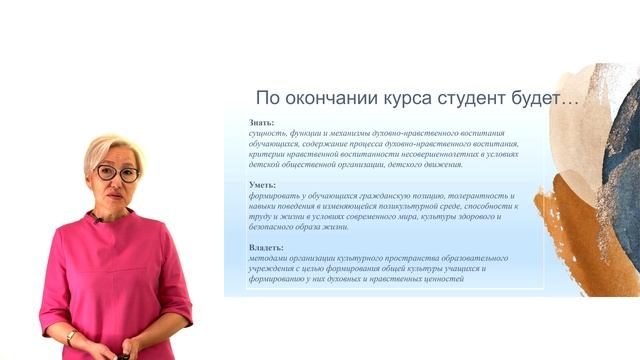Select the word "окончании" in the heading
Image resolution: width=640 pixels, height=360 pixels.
pos(338,98)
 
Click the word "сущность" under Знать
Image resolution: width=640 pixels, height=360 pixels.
pos(267,133)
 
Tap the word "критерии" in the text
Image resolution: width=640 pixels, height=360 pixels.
pos(266,154)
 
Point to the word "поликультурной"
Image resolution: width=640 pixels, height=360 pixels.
pos(424,206)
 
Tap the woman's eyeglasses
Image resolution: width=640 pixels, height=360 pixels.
pos(117,173)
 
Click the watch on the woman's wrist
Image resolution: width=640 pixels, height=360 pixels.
pos(70,337)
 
